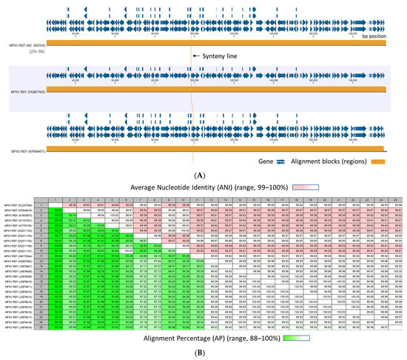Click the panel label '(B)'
[x=203, y=353]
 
